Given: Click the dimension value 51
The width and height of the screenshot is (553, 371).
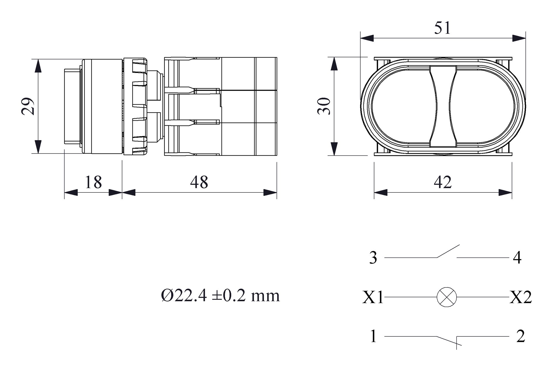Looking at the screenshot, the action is [442, 28].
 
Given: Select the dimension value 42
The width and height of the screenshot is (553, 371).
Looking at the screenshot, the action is [443, 182].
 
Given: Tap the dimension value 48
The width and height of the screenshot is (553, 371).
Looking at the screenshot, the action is [199, 182].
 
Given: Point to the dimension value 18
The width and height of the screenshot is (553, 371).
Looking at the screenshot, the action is [93, 182].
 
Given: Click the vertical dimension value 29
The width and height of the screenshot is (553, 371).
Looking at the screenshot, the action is [28, 106].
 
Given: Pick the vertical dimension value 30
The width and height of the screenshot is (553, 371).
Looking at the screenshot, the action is [324, 106].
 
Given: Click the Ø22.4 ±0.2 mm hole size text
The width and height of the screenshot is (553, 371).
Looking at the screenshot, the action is [220, 296].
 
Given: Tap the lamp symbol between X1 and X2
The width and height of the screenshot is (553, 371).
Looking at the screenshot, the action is [447, 297].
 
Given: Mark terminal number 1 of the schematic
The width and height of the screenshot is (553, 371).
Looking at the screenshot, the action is [373, 336].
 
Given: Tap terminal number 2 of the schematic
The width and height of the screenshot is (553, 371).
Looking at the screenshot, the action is [521, 336].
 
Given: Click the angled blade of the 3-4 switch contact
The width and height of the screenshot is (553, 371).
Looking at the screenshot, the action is [448, 251].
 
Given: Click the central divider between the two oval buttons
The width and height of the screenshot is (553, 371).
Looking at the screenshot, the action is [443, 106].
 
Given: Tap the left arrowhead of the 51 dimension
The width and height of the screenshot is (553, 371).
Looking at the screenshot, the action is [367, 38].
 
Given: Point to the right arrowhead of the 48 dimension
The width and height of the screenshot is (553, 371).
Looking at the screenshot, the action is [270, 192].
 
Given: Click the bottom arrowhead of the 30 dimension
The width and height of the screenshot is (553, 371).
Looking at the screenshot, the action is [334, 149].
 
